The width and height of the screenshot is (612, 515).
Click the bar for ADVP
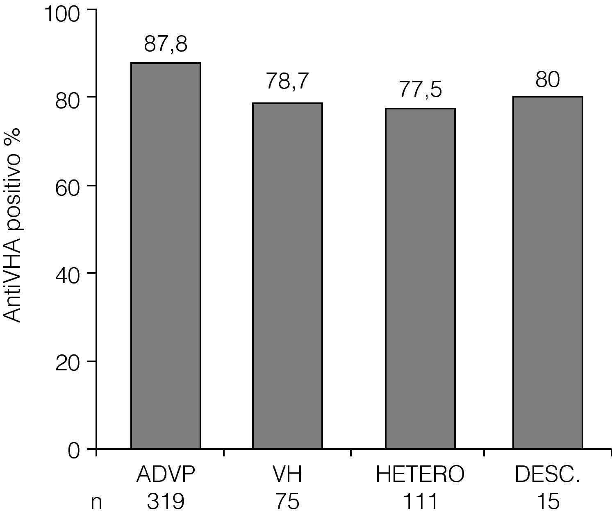(166, 256)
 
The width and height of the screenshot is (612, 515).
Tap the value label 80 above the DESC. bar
(548, 80)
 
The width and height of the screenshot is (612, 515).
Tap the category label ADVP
(166, 475)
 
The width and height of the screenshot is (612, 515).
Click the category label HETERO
(420, 475)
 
